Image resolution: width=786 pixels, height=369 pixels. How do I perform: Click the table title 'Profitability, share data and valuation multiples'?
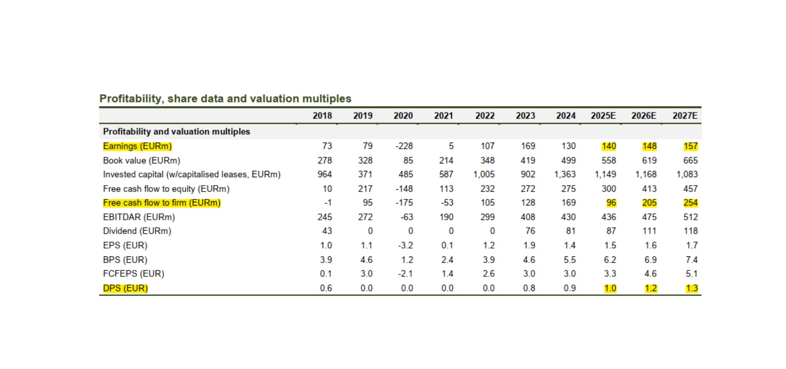(225, 99)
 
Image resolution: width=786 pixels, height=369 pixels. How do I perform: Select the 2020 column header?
(403, 116)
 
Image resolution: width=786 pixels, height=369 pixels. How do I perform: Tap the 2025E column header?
(603, 116)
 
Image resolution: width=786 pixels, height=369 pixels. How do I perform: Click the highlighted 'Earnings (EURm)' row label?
(137, 146)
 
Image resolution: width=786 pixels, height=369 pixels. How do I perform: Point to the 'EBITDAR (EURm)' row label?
(139, 217)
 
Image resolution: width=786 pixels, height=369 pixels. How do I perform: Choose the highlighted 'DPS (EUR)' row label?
(125, 288)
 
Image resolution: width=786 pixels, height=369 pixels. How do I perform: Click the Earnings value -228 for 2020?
(404, 146)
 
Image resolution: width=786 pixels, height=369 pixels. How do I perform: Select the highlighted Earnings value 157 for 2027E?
(690, 146)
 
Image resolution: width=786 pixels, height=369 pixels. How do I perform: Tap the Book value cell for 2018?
(324, 161)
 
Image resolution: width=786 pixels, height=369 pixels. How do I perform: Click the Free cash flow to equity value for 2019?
(365, 189)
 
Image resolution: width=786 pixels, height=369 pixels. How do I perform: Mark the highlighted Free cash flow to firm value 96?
(611, 203)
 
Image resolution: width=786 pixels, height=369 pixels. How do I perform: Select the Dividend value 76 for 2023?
(530, 231)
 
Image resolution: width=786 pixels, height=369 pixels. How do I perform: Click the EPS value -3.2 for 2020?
(405, 246)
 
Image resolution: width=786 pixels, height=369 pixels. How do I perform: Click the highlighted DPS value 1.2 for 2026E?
(650, 288)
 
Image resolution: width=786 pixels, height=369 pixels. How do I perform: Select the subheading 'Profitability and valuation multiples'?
(177, 132)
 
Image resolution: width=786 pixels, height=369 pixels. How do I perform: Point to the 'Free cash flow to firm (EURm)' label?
(162, 203)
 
